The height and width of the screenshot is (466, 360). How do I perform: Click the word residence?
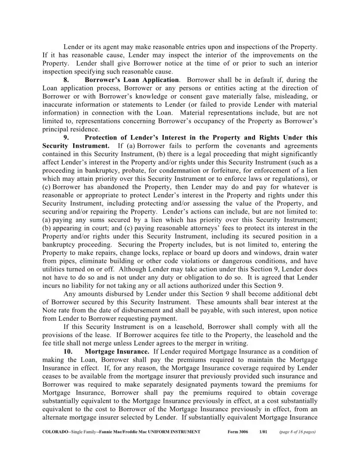pos(85,129)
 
